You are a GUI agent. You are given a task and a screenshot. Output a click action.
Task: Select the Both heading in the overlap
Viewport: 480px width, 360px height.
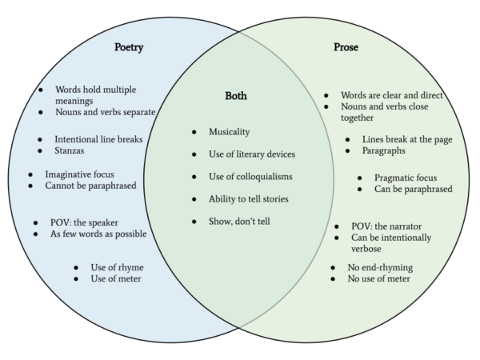coord(236,96)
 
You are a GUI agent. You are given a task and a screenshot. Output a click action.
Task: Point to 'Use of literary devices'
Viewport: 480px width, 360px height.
coord(252,154)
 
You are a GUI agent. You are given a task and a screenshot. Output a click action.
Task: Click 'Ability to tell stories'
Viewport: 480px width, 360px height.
coord(250,198)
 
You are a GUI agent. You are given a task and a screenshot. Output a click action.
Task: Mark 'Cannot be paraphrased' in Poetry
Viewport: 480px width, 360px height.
coord(91,186)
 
